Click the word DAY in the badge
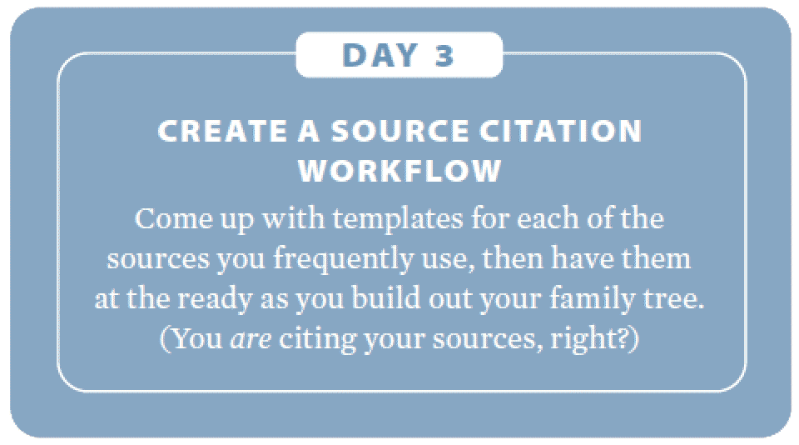[x=380, y=55]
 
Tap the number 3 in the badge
[x=444, y=55]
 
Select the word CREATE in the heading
[x=223, y=131]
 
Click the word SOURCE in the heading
[x=400, y=131]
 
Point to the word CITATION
[x=560, y=131]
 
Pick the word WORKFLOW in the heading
[x=399, y=171]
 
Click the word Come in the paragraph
[x=173, y=219]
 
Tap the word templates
[x=398, y=220]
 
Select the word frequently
[x=343, y=259]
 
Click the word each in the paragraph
[x=548, y=218]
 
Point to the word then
[x=513, y=258]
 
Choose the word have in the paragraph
[x=583, y=258]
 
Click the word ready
[x=215, y=299]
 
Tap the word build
[x=386, y=298]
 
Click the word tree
[x=673, y=299]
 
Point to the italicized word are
[x=251, y=340]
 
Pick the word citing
[x=317, y=340]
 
